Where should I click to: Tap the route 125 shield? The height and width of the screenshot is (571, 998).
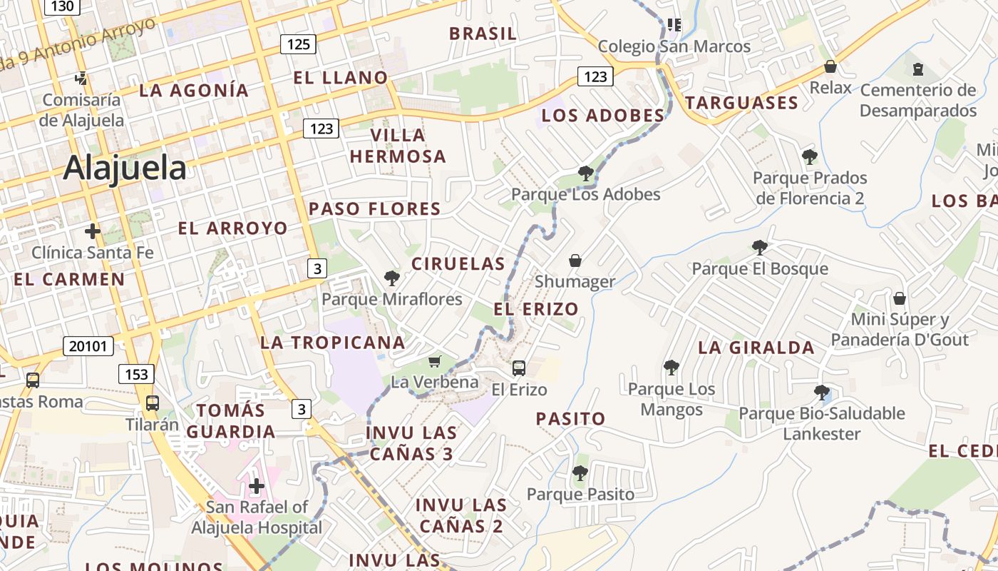click(298, 44)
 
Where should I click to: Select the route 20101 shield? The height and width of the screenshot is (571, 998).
click(88, 347)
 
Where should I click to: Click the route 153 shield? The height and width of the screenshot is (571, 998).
click(136, 374)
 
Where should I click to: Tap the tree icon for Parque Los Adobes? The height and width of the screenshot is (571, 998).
click(585, 173)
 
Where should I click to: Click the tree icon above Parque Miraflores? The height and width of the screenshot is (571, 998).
click(391, 278)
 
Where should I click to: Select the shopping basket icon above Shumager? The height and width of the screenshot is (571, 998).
click(575, 261)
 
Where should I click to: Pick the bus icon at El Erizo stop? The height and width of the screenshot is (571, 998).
click(519, 368)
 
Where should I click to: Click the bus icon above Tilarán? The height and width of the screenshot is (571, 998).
click(153, 403)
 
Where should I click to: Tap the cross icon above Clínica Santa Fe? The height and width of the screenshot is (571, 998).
click(92, 231)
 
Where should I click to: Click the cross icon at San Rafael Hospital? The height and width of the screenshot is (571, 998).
click(257, 487)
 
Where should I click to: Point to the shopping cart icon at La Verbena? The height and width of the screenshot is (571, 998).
click(434, 362)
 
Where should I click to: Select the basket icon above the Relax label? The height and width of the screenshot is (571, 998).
click(830, 67)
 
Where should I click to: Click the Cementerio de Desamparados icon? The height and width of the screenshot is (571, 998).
click(917, 69)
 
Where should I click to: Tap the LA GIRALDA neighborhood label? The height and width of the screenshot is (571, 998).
click(756, 348)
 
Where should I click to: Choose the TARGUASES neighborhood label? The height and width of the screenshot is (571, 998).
click(741, 103)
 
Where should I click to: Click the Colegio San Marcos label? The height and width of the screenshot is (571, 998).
click(674, 46)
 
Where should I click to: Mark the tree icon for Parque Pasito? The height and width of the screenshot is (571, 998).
click(580, 473)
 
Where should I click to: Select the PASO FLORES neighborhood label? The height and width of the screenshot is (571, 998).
click(375, 209)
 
